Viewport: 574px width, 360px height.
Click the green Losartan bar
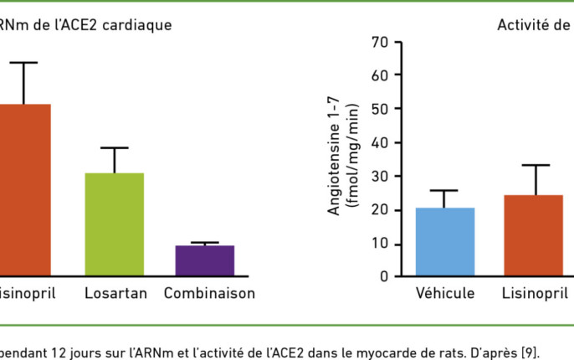[114, 224]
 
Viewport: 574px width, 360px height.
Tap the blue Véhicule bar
[445, 242]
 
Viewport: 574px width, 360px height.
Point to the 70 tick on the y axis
[380, 42]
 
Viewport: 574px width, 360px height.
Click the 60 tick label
[380, 75]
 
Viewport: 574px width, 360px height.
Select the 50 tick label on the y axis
[380, 109]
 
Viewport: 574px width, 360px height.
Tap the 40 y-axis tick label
[380, 143]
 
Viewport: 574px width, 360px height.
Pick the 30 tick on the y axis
[380, 177]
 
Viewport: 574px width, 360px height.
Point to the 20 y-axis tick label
[380, 210]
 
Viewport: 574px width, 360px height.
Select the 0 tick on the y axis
[384, 275]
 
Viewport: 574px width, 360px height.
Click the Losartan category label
[115, 294]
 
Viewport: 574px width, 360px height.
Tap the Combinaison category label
[209, 294]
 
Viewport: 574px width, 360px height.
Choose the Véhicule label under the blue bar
[445, 294]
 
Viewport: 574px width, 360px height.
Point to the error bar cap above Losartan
[114, 147]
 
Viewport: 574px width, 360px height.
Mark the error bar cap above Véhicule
[445, 190]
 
